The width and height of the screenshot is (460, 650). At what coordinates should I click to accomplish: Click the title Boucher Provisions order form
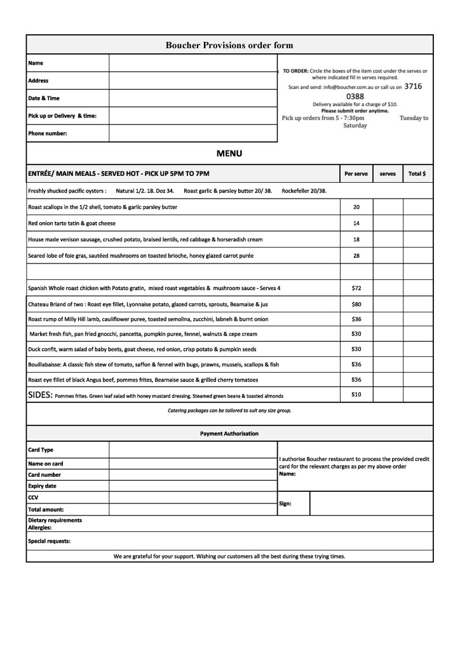pos(229,45)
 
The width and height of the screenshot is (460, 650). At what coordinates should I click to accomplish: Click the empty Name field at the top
pos(193,63)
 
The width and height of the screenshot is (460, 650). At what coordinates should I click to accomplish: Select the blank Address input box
pos(193,81)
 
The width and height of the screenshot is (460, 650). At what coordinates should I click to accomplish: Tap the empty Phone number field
pos(193,133)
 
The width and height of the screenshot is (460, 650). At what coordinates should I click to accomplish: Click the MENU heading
pos(229,154)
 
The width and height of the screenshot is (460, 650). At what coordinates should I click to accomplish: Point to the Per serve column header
pos(356,173)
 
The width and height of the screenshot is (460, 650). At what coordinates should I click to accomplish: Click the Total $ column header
pos(417,173)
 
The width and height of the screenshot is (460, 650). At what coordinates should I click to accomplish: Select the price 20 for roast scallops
pos(356,208)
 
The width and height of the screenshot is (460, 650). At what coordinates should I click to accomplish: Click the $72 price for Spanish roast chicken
pos(356,288)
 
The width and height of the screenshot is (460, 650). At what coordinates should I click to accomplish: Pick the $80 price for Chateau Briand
pos(356,304)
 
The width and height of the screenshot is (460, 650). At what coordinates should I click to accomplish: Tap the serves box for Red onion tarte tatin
pos(388,223)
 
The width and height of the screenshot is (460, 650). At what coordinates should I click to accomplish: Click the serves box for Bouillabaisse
pos(388,364)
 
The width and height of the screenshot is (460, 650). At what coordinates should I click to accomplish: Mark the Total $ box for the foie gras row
pos(417,256)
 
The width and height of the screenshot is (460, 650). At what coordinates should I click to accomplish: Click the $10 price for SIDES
pos(356,395)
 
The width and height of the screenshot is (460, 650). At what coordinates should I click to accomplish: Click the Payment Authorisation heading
pos(229,434)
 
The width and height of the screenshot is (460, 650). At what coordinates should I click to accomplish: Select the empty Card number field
pos(193,475)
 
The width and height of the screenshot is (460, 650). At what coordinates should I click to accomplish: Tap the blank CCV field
pos(193,498)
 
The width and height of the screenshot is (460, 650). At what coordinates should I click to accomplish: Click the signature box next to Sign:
pos(371,503)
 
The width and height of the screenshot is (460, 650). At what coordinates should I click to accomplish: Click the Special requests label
pos(50,541)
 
